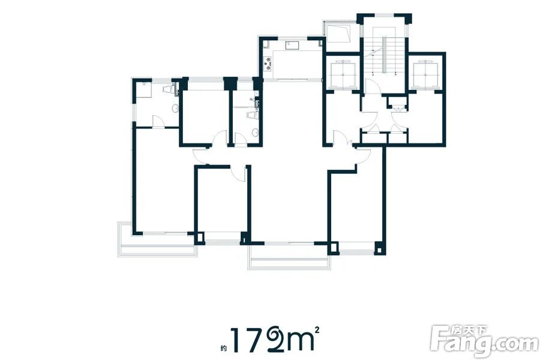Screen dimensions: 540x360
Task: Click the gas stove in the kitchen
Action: tap(267, 63)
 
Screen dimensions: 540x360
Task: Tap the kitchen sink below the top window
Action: tap(292, 44)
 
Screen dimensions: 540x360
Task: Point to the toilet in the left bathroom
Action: tap(167, 89)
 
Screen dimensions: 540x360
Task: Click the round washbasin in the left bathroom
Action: tap(175, 109)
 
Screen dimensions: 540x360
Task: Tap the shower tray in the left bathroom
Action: tap(144, 89)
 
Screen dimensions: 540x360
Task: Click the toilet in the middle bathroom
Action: tap(253, 115)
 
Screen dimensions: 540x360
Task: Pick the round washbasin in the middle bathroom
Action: tap(255, 133)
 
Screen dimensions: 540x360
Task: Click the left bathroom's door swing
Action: tap(158, 122)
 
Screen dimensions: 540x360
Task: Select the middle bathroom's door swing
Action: tap(239, 139)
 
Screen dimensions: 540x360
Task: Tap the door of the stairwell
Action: tap(372, 86)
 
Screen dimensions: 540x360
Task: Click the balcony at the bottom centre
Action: tap(289, 257)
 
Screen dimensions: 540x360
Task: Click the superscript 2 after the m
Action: tap(317, 329)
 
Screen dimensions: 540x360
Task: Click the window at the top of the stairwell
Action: tap(383, 15)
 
